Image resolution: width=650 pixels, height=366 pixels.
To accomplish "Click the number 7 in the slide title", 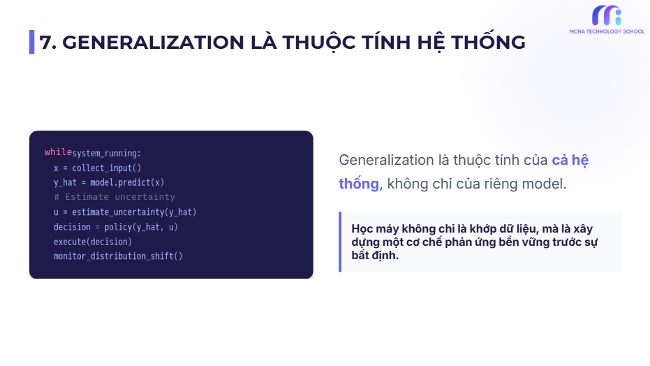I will [x=46, y=43].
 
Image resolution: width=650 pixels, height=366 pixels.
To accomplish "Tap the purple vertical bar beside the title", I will [x=31, y=43].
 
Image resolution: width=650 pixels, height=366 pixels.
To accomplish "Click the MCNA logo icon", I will [x=606, y=16].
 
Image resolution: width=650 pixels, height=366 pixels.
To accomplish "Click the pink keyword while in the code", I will [x=58, y=153].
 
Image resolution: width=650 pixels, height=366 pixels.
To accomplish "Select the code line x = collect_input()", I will [x=97, y=168].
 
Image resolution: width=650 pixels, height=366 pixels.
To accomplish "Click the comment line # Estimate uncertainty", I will [x=115, y=197].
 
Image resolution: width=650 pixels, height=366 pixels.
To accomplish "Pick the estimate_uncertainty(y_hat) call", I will [x=130, y=212].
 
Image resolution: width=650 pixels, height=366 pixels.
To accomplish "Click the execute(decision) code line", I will [x=93, y=242].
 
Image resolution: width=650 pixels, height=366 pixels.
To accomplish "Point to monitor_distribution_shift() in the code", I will [x=118, y=256].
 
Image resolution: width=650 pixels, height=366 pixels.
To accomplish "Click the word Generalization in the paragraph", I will [x=386, y=160].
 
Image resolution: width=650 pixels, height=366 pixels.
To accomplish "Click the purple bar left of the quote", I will [x=340, y=242].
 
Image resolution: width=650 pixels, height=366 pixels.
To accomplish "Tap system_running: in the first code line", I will [x=106, y=153].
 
